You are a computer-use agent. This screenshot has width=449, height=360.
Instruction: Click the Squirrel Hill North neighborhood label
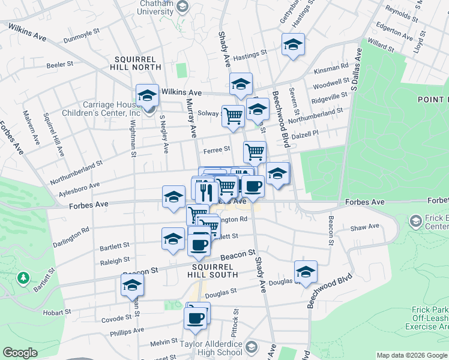137,63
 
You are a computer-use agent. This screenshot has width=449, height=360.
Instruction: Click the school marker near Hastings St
293,45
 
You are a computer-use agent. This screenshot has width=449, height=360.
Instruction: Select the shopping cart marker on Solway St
233,115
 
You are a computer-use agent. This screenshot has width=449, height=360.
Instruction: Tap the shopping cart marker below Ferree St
255,152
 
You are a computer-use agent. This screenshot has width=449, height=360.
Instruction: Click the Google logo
20,353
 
